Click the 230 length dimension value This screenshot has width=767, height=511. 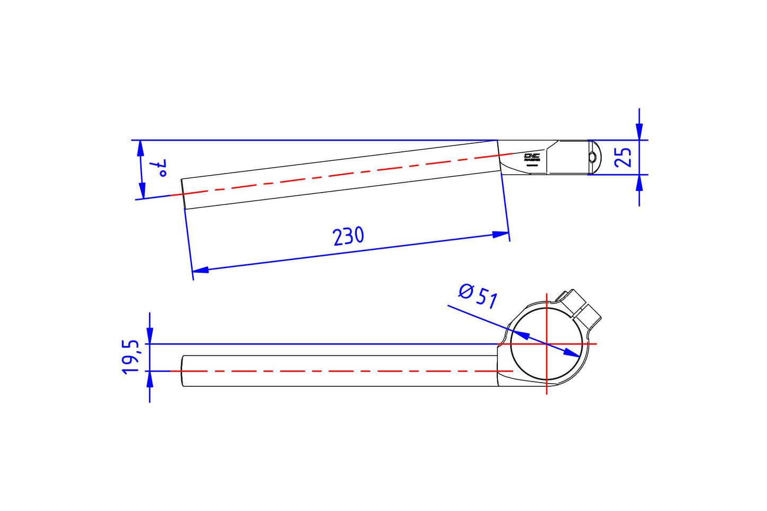[349, 236]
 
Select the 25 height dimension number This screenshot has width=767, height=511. [623, 157]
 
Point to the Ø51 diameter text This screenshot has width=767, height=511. [478, 296]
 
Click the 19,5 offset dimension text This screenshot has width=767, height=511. [131, 358]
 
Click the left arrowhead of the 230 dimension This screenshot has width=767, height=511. [200, 270]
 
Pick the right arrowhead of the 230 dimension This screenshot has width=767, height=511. [501, 234]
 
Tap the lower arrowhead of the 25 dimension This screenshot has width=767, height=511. [639, 183]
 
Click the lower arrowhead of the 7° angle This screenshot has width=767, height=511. [142, 190]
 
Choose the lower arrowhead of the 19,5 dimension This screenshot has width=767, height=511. [150, 379]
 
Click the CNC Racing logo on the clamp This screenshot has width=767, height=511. [532, 157]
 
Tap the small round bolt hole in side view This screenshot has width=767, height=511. [592, 157]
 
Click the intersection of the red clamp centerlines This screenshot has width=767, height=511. [547, 344]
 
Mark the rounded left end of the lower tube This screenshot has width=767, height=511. [184, 371]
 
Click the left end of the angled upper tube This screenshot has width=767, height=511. [184, 194]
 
